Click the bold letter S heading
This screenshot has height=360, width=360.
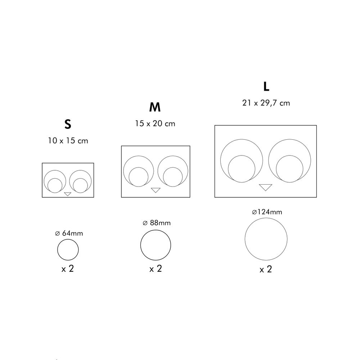pos(68,124)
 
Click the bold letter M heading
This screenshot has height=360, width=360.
pos(155,107)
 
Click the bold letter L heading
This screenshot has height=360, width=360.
pos(266,86)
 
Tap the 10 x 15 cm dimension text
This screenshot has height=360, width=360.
pos(68,140)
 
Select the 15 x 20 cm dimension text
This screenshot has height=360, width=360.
pos(155,123)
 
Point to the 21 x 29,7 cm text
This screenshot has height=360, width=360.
pos(266,103)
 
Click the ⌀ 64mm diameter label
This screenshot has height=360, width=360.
pos(69,233)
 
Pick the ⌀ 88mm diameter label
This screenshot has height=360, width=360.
pos(157,223)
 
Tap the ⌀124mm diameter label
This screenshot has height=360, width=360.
pos(267,212)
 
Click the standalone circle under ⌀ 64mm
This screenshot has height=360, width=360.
pos(57,249)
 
